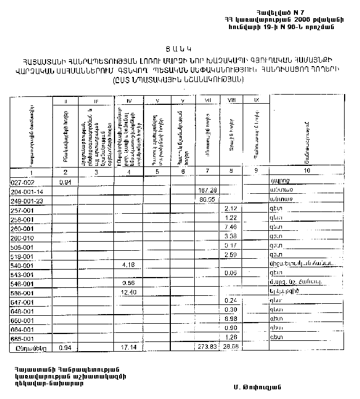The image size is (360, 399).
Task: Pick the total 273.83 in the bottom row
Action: [206, 347]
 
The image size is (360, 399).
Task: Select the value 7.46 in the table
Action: [231, 227]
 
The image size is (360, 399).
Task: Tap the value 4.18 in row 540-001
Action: [128, 264]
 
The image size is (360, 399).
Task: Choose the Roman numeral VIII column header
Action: [231, 100]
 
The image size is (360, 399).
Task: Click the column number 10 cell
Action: [306, 172]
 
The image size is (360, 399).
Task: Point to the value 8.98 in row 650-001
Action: [231, 319]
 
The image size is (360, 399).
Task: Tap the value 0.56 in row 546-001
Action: [128, 283]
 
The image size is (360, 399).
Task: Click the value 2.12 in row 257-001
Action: [231, 209]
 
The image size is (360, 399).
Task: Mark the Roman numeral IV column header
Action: [128, 100]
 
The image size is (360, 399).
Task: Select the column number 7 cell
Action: [206, 172]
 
